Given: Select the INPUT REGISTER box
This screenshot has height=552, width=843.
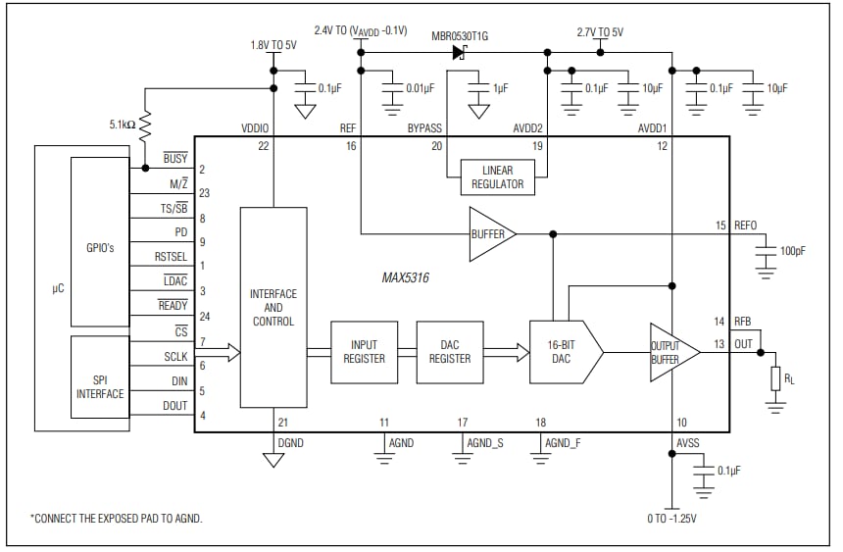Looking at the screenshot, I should tap(364, 351).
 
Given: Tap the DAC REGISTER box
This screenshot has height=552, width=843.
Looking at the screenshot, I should tap(450, 351).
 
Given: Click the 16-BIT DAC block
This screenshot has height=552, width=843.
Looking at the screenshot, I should tap(563, 351).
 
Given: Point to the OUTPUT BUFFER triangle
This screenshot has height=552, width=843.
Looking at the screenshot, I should tap(671, 352).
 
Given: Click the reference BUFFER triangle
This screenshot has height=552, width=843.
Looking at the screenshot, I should tap(489, 234).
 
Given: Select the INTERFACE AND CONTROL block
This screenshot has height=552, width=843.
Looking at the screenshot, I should tap(273, 307).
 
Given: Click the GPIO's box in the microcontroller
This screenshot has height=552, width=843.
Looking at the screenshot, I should tap(100, 248).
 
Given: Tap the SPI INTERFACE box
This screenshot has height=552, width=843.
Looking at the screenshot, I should tap(100, 385).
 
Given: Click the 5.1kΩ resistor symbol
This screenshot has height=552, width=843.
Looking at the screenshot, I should tap(145, 125).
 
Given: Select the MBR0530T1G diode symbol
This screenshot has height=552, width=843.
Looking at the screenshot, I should tap(460, 52).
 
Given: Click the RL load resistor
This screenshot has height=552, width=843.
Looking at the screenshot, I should tap(775, 378).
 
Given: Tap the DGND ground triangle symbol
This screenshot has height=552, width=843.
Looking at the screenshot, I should tap(273, 459).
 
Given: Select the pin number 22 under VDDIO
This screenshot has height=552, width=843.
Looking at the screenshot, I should tap(264, 146).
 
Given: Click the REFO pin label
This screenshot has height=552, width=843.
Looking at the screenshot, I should tap(745, 226).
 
